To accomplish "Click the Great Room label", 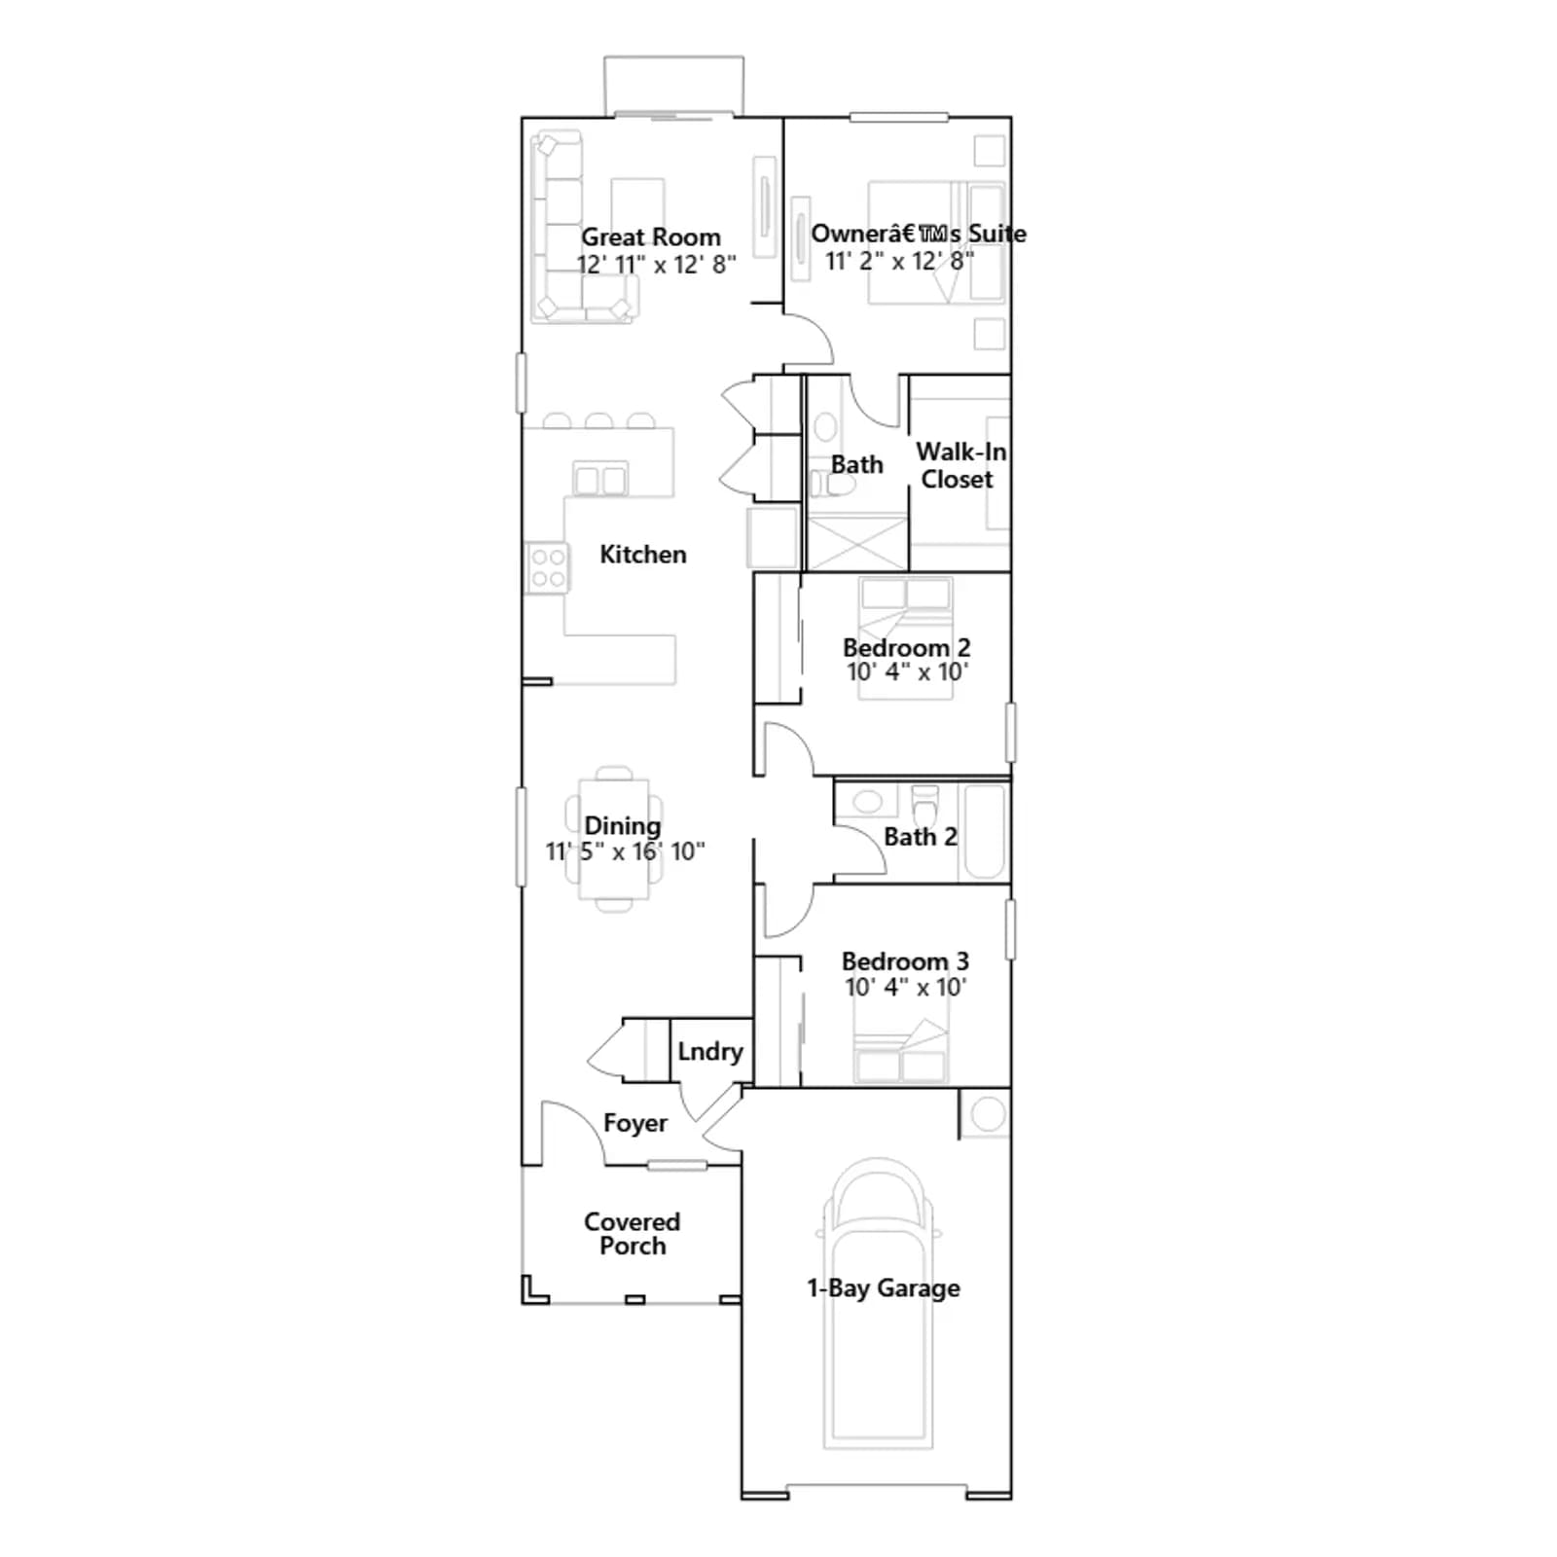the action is pos(651,237).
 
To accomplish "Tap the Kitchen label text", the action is pos(643,555).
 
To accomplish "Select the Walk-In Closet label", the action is pos(960,465).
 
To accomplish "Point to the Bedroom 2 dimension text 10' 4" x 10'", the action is pos(907,672).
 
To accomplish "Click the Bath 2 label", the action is pos(921,837).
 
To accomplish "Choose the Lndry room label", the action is pos(710,1052).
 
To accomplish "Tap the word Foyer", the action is pos(635,1124).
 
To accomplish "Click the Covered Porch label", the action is pos(633,1234).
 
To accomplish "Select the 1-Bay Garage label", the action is pos(884,1288).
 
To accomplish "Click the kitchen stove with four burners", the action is pos(547,568).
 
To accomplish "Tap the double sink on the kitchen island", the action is pos(600,480).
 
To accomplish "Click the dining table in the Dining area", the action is pos(615,839).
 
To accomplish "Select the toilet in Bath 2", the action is pos(925,805).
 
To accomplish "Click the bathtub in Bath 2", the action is pos(984,832).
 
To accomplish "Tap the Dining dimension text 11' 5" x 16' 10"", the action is pos(625,852).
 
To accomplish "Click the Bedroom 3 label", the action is pos(905,961).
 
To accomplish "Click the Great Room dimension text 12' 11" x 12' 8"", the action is pos(656,265).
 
